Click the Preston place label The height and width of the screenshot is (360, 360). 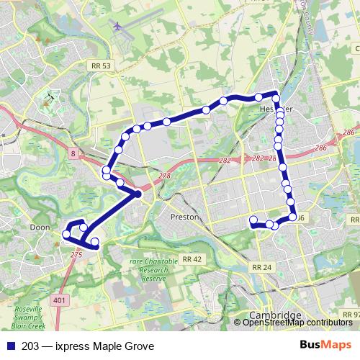pyautogui.click(x=184, y=216)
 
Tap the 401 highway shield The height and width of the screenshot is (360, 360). pyautogui.click(x=58, y=297)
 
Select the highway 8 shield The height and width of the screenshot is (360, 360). pyautogui.click(x=73, y=153)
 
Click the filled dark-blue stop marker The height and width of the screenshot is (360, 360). pyautogui.click(x=138, y=194)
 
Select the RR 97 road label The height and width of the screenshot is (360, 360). pyautogui.click(x=351, y=315)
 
